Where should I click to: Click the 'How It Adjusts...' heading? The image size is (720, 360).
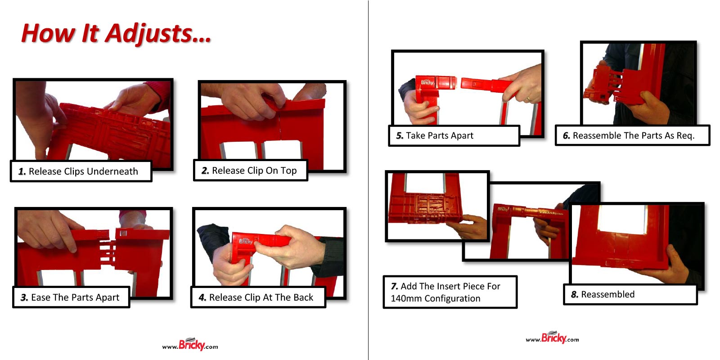pyautogui.click(x=116, y=34)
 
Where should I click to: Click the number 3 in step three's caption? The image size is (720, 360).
pyautogui.click(x=24, y=297)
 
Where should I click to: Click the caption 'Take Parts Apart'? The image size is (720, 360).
pyautogui.click(x=439, y=135)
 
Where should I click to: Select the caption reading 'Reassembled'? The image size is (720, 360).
pyautogui.click(x=607, y=294)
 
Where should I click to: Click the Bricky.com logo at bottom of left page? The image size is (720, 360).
pyautogui.click(x=190, y=345)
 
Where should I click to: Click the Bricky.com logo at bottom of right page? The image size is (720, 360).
pyautogui.click(x=553, y=338)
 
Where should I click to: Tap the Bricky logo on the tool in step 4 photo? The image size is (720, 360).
pyautogui.click(x=246, y=241)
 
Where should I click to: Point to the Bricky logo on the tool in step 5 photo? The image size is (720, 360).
pyautogui.click(x=427, y=82)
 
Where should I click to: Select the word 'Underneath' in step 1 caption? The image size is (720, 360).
pyautogui.click(x=117, y=171)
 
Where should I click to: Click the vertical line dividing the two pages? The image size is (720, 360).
pyautogui.click(x=368, y=180)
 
